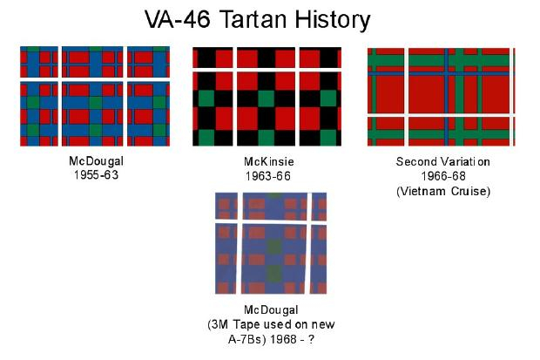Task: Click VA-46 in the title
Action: [x=178, y=19]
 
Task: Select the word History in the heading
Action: [x=333, y=20]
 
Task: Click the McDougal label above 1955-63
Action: [x=96, y=161]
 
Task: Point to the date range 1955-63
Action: [x=96, y=175]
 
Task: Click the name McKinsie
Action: [x=268, y=161]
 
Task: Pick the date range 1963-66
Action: [x=268, y=176]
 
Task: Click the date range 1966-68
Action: [x=443, y=176]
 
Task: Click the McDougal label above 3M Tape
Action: [x=271, y=310]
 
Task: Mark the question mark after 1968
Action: [x=311, y=339]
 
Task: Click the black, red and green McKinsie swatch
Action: [x=267, y=97]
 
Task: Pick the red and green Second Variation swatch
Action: [x=442, y=97]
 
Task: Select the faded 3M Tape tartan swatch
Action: [x=271, y=243]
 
